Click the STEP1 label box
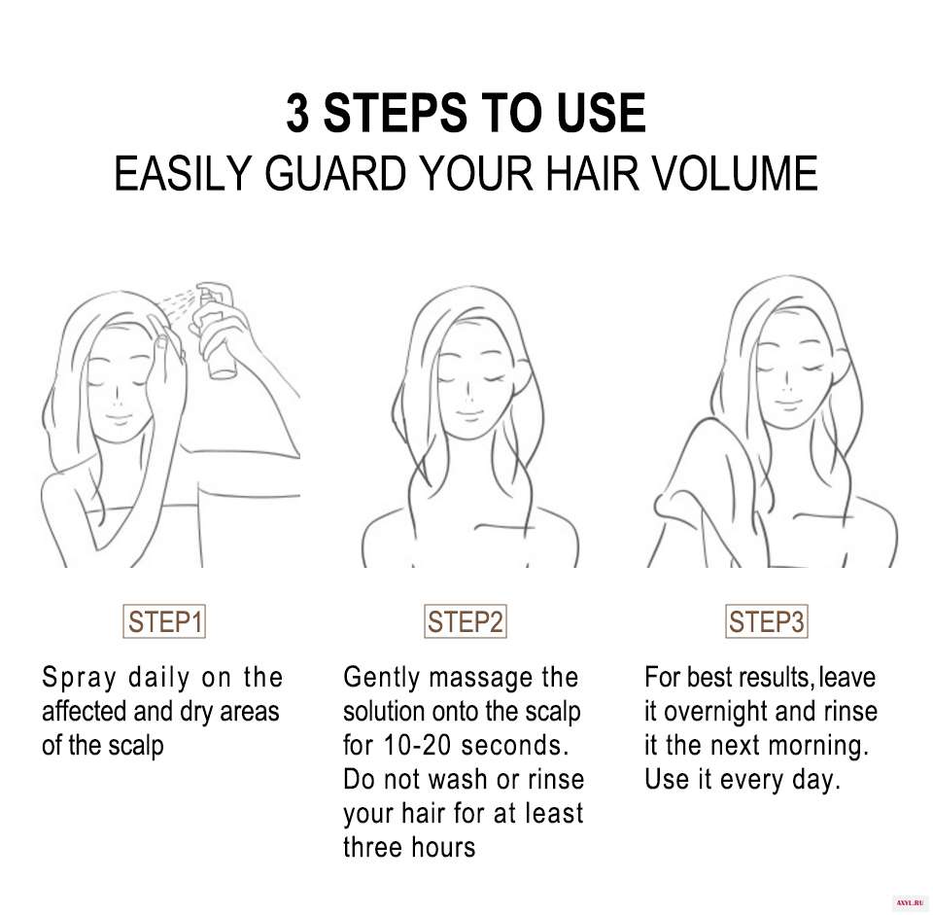pos(164,621)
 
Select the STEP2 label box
pos(466,621)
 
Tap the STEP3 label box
pos(767,621)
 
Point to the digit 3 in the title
pos(297,113)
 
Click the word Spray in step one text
pos(79,679)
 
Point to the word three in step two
pos(372,847)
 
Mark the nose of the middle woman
pos(468,390)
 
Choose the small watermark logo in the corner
pos(910,903)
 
